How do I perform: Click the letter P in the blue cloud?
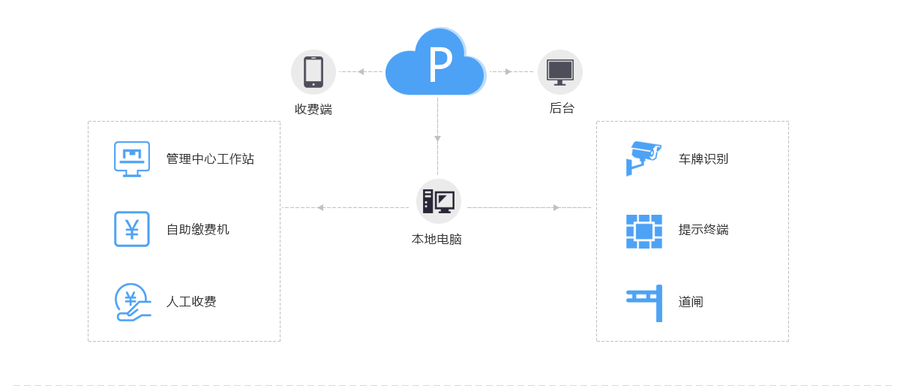[x=439, y=65]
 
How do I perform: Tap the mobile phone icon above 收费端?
[x=313, y=72]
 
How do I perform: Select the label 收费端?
[x=313, y=110]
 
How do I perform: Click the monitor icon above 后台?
[x=560, y=72]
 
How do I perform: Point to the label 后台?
[x=562, y=108]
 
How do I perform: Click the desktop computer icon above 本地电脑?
[x=438, y=201]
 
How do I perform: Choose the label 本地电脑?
[x=436, y=240]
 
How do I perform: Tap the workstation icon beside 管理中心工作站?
[x=132, y=158]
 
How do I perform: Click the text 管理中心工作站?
[x=210, y=159]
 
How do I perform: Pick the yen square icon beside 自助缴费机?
[x=132, y=229]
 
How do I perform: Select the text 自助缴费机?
[x=198, y=230]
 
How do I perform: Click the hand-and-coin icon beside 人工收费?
[x=133, y=302]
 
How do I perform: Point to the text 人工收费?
[x=191, y=302]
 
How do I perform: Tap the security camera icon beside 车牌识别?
[x=643, y=158]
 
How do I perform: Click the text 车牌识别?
[x=703, y=159]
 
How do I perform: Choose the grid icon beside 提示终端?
[x=644, y=231]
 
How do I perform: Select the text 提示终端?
[x=703, y=230]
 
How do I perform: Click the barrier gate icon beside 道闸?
[x=645, y=303]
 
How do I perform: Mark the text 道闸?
[x=691, y=302]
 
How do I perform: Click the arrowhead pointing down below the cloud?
[x=438, y=139]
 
